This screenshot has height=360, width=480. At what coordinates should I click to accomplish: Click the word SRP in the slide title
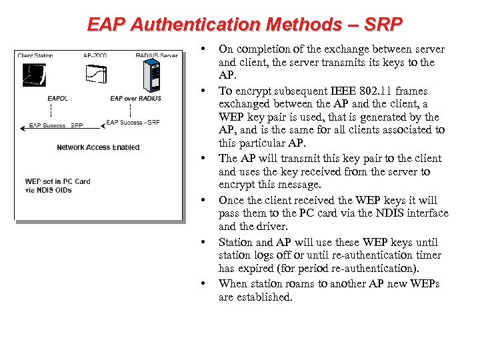pos(384,25)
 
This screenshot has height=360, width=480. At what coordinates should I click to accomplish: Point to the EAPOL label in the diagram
pos(57,99)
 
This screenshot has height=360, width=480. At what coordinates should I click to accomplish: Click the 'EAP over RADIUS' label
pos(135,99)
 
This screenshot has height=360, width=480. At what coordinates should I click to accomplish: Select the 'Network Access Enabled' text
pos(98,147)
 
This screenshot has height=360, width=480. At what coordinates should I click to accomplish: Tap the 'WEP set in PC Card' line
pos(57,181)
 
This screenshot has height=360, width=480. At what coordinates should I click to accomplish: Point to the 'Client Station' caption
pos(35,56)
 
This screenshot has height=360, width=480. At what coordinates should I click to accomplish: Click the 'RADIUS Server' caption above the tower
pos(156,56)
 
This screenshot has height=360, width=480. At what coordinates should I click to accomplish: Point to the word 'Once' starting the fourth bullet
pos(231,200)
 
